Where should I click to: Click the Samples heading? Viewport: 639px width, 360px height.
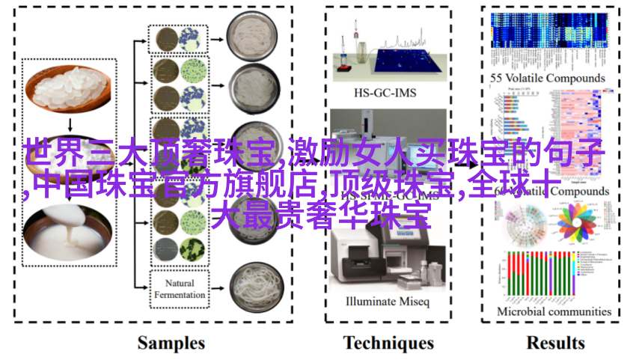pos(171,343)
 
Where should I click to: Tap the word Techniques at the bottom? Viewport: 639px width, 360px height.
pos(388,343)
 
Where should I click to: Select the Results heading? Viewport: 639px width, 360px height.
pos(555,343)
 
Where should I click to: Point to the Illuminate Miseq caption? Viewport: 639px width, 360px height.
pos(388,302)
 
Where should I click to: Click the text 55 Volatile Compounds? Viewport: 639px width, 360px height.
pos(548,78)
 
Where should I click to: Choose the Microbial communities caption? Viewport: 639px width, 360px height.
pos(554,311)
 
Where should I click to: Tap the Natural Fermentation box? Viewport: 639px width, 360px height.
pos(180,289)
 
